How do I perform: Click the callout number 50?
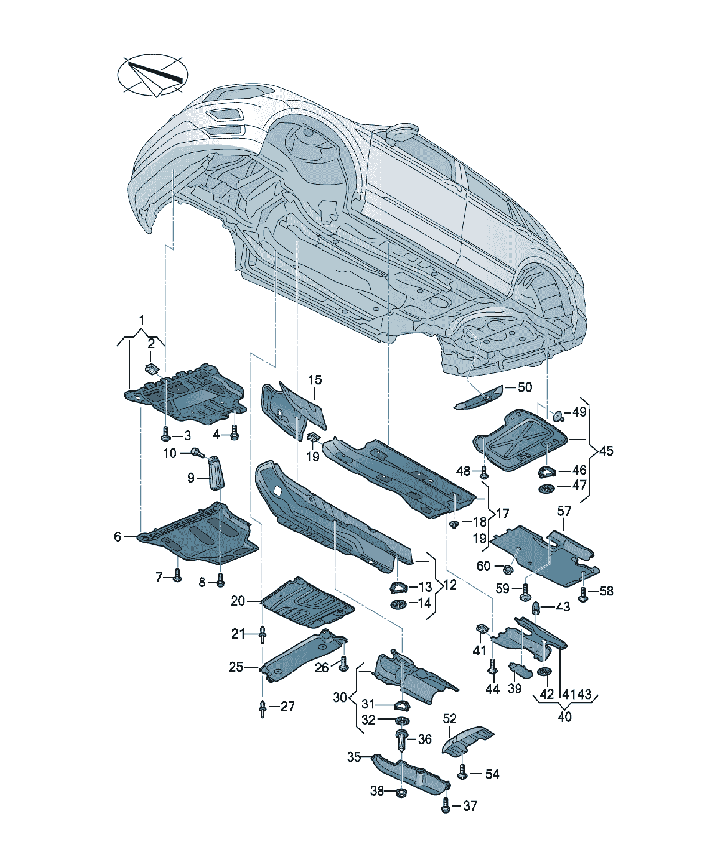[x=525, y=387]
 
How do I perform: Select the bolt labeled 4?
[x=234, y=433]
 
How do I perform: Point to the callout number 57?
[x=564, y=511]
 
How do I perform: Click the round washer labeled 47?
[x=547, y=489]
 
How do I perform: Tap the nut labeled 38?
[x=400, y=792]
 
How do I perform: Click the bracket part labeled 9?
[x=217, y=473]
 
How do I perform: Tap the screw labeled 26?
[x=344, y=664]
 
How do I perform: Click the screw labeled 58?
[x=583, y=594]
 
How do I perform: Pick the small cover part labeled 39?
[x=521, y=671]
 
